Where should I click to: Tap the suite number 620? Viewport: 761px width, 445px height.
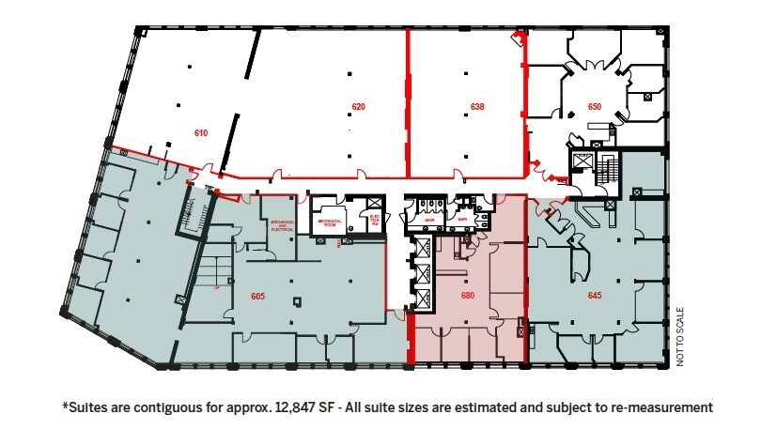(x=358, y=106)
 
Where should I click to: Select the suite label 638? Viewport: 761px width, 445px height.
(x=477, y=106)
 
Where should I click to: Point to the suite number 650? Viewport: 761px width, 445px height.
(x=594, y=106)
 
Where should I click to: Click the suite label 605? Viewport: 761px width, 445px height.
(x=257, y=296)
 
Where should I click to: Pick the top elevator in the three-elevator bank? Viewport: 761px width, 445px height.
(x=422, y=249)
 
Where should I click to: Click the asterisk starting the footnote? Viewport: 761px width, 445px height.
(x=65, y=406)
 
